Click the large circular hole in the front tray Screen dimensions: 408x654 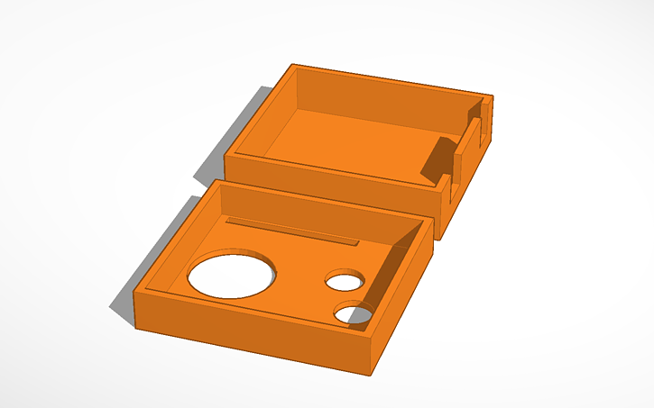click(x=231, y=274)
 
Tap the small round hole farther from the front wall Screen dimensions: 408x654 click(x=344, y=281)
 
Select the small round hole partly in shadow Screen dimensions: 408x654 click(x=354, y=313)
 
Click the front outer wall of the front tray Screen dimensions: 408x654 click(x=253, y=329)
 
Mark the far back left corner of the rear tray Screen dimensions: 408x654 click(x=292, y=66)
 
